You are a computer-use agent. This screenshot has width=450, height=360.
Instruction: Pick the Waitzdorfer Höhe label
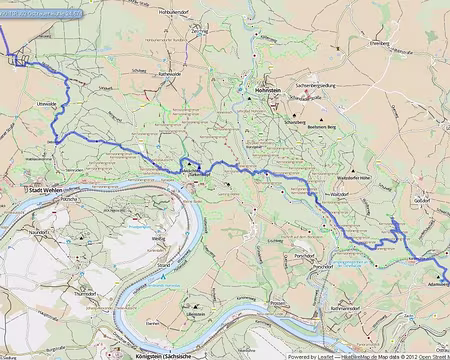coord(356,175)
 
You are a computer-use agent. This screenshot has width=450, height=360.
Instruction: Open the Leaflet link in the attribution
coord(317,355)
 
